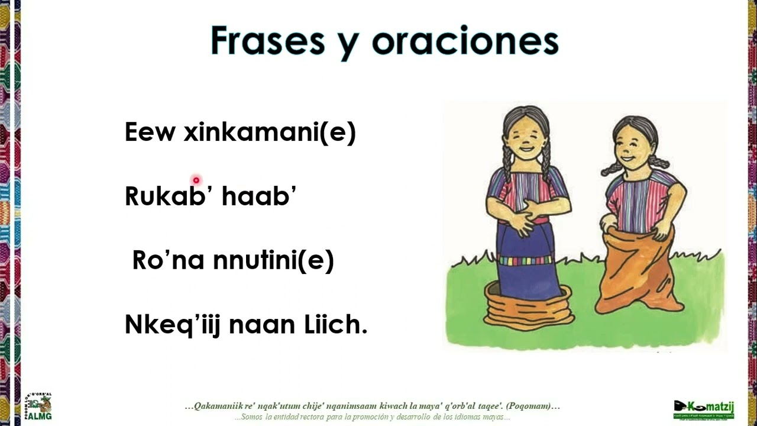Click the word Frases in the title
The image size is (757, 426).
pos(267,41)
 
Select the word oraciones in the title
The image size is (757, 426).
pos(465,41)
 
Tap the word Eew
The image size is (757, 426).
pos(150,133)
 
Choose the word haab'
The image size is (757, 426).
pos(258,196)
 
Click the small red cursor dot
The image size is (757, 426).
pos(196,180)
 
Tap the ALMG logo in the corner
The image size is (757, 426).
pos(38,406)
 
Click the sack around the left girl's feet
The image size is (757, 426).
pos(529,308)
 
